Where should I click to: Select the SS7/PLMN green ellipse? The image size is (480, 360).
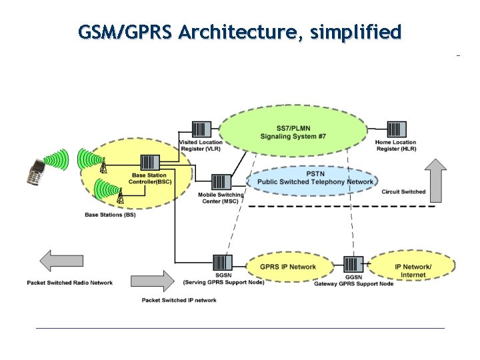coord(293,132)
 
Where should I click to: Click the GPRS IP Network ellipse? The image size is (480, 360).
coord(289,267)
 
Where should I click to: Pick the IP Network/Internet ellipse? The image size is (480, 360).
coord(413,270)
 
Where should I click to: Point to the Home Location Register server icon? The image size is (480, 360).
coord(395,129)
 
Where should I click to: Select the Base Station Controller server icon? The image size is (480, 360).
coord(149,163)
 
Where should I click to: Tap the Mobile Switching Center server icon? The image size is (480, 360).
coord(221,182)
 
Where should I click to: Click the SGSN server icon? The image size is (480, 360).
coord(222,263)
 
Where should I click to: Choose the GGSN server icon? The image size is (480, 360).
coord(353,264)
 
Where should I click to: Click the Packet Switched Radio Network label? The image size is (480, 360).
coord(69,283)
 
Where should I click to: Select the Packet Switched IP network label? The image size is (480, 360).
coord(179,300)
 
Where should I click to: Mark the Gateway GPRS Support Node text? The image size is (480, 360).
coord(353,284)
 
